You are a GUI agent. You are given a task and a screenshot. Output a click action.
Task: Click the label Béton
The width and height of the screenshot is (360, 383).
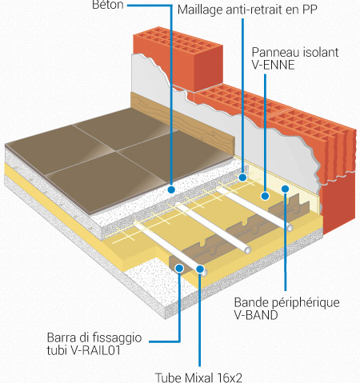pyautogui.click(x=108, y=5)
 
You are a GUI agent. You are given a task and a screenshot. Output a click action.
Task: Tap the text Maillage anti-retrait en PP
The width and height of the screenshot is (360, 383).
pyautogui.click(x=247, y=10)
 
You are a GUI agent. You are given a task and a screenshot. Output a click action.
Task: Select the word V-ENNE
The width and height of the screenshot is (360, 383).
pyautogui.click(x=273, y=65)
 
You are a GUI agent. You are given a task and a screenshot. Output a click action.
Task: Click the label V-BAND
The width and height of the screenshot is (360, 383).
pyautogui.click(x=256, y=315)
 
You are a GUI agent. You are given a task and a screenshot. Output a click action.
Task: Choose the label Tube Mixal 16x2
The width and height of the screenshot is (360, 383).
pyautogui.click(x=198, y=377)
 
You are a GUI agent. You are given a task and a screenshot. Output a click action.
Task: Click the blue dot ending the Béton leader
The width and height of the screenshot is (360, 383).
pyautogui.click(x=171, y=190)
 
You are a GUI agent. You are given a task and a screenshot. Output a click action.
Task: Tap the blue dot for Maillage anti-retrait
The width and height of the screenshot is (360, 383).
pyautogui.click(x=242, y=178)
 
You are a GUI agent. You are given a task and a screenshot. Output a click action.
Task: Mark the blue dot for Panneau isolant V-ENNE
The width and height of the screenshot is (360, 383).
pyautogui.click(x=265, y=196)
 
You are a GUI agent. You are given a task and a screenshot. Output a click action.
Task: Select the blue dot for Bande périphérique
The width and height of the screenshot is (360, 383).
pyautogui.click(x=285, y=189)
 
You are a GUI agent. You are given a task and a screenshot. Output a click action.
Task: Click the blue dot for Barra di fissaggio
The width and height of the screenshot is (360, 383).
pyautogui.click(x=179, y=268)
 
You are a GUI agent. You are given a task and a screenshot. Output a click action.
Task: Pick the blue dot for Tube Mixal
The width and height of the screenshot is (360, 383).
pyautogui.click(x=200, y=269)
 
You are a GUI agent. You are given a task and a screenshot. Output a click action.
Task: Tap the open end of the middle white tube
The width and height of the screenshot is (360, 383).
pyautogui.click(x=248, y=250)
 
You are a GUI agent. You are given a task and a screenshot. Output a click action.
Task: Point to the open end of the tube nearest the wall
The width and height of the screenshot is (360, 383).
pyautogui.click(x=290, y=228)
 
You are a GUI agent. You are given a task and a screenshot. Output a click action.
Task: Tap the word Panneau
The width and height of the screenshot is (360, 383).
pyautogui.click(x=272, y=52)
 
